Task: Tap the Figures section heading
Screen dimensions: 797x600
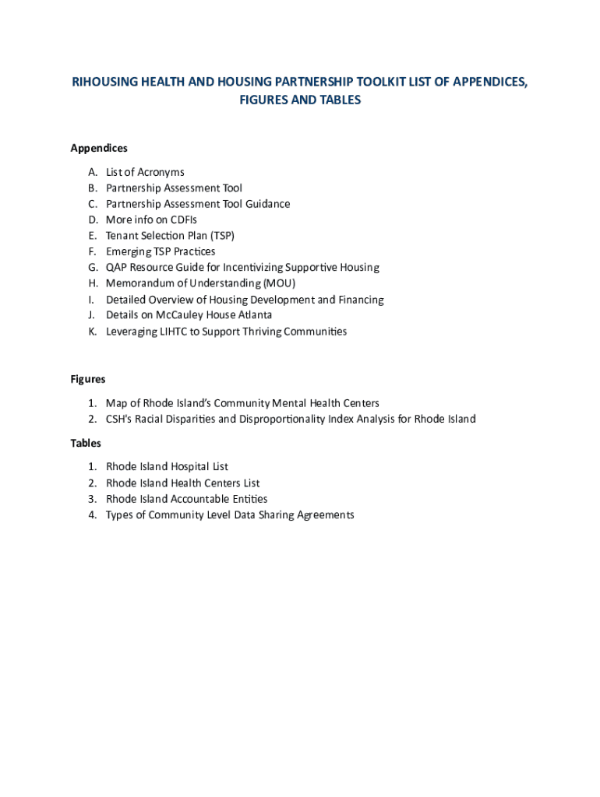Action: (x=88, y=379)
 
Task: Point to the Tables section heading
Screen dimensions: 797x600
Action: (x=86, y=443)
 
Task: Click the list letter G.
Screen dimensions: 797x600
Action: (x=92, y=267)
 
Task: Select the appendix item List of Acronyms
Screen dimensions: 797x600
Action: (x=145, y=172)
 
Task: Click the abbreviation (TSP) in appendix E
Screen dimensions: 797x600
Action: (x=223, y=235)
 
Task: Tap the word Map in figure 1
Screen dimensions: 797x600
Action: (x=116, y=403)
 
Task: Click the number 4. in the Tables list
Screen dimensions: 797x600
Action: (x=92, y=514)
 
